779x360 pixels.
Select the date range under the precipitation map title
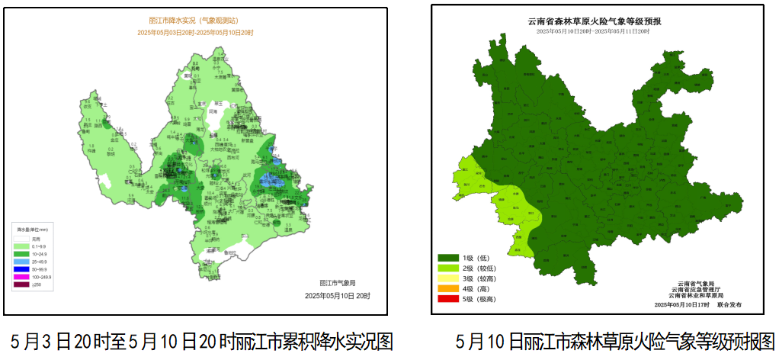[195, 33]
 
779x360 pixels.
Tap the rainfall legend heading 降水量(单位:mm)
[33, 229]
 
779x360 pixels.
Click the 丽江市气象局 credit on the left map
[336, 283]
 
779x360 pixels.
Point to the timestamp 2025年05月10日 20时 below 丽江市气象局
[336, 295]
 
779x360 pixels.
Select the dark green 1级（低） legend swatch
[447, 259]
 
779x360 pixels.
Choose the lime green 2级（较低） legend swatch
[447, 268]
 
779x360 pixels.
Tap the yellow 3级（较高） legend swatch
[447, 279]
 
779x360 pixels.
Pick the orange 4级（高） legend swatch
[447, 289]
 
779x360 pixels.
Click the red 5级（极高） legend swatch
[447, 299]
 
